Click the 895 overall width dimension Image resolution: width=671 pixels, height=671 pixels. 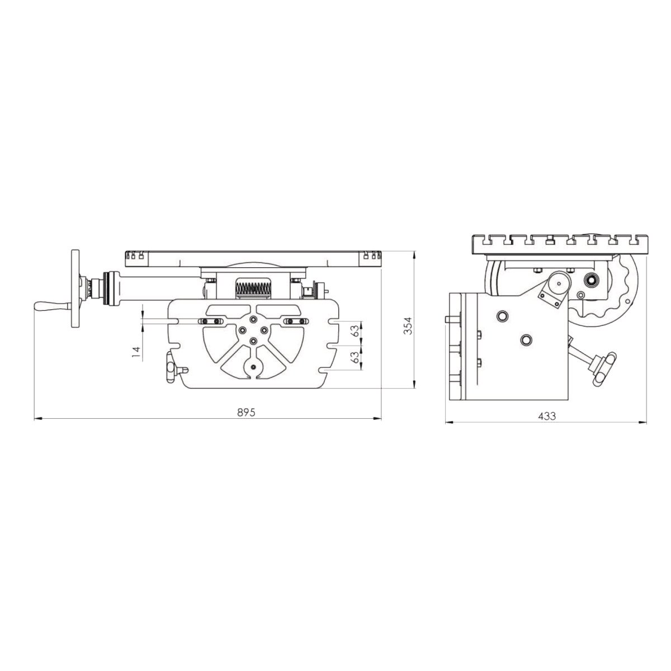246,412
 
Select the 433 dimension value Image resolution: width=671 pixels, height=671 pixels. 547,416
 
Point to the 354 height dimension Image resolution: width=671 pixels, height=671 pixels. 408,325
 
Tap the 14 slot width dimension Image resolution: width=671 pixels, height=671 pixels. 137,352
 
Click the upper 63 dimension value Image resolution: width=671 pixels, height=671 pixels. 355,331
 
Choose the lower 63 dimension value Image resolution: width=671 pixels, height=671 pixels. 355,357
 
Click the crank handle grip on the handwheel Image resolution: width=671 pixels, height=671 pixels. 52,306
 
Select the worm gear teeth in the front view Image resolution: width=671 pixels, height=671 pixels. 253,287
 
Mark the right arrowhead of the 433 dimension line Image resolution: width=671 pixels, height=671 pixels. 642,423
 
